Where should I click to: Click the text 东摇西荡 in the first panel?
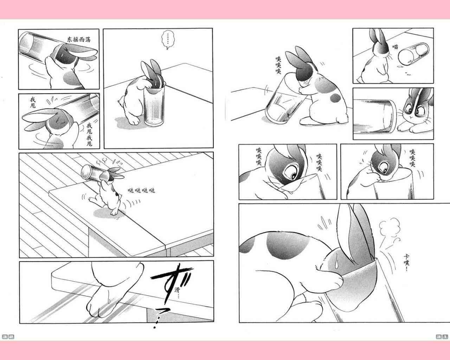pyautogui.click(x=79, y=39)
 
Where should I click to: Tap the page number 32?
pyautogui.click(x=8, y=337)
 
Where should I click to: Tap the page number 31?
pyautogui.click(x=442, y=336)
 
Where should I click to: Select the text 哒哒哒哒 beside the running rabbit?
pyautogui.click(x=141, y=190)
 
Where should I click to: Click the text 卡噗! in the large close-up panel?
pyautogui.click(x=406, y=263)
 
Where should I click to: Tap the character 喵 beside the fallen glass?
pyautogui.click(x=395, y=47)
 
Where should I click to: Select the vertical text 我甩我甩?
pyautogui.click(x=89, y=135)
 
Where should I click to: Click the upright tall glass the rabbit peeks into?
pyautogui.click(x=154, y=106)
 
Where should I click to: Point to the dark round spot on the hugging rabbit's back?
pyautogui.click(x=335, y=98)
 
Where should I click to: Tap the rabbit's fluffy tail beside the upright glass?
pyautogui.click(x=121, y=102)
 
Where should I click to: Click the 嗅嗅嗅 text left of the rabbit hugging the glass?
pyautogui.click(x=278, y=65)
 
